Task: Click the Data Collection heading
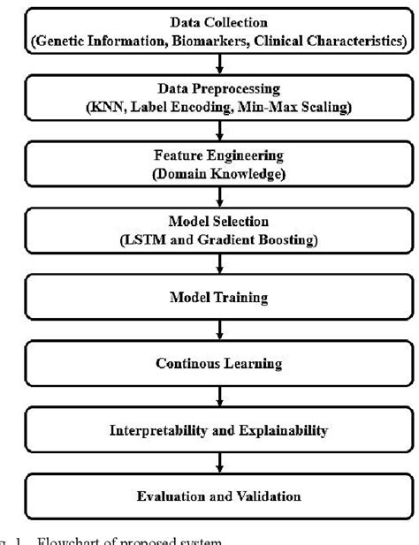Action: pyautogui.click(x=210, y=20)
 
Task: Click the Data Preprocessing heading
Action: pyautogui.click(x=210, y=90)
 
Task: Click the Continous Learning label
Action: pyautogui.click(x=210, y=361)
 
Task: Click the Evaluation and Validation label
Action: pyautogui.click(x=210, y=496)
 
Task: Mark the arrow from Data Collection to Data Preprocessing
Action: pyautogui.click(x=209, y=64)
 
